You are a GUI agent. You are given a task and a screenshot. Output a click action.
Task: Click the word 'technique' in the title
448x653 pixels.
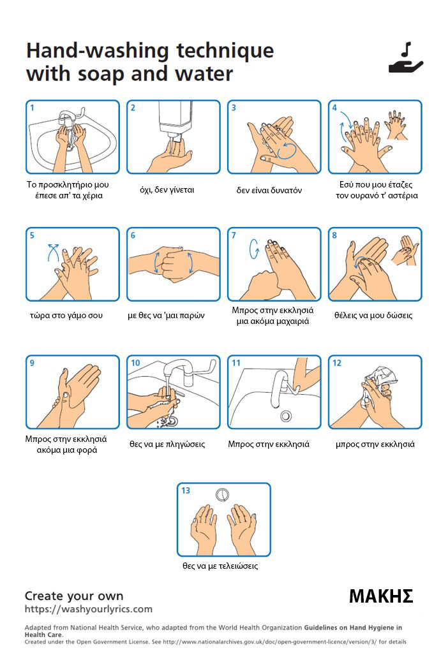pos(225,51)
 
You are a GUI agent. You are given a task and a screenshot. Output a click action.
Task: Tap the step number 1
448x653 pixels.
pos(32,107)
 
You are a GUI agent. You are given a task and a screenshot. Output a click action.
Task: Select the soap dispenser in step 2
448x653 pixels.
pos(175,118)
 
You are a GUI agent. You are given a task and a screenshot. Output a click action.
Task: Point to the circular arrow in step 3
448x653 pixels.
pos(287,150)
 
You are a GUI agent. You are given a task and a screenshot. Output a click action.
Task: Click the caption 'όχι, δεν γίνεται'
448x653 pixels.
pos(167,190)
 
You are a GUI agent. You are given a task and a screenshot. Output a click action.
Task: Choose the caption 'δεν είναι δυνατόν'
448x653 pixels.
pos(269,190)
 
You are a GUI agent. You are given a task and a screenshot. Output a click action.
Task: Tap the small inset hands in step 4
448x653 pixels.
pos(396,124)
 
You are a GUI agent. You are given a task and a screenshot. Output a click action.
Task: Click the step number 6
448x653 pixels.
pos(133,235)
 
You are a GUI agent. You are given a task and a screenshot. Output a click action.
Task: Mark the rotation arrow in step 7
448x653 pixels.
pos(254,249)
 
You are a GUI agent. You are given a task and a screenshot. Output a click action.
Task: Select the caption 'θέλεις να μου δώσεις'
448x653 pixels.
pos(373,315)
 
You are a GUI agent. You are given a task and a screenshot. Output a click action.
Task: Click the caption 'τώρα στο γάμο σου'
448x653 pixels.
pos(66,315)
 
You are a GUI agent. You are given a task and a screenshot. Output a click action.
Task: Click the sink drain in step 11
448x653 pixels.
pos(286,415)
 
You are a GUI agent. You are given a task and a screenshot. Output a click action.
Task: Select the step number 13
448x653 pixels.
pos(186,490)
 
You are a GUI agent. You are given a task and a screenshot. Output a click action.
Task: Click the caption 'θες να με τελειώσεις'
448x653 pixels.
pos(220,566)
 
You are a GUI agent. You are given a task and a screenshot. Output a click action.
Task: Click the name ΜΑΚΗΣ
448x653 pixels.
pos(381,596)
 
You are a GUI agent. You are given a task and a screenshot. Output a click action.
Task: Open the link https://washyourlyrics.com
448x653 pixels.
pos(88,609)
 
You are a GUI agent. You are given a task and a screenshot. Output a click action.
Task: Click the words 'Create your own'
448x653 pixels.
pos(74,596)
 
